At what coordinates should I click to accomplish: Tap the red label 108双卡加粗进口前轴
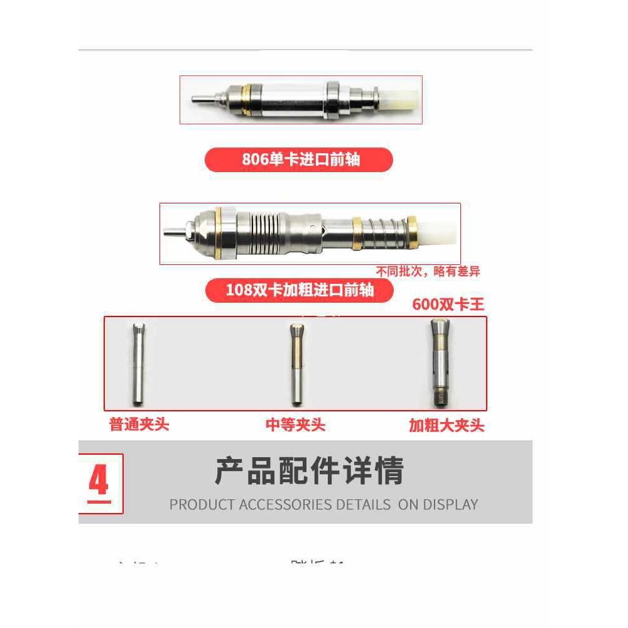click(x=300, y=290)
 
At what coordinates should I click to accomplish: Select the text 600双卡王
click(x=448, y=305)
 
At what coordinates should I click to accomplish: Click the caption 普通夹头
click(x=139, y=425)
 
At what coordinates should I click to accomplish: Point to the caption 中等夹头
click(x=295, y=425)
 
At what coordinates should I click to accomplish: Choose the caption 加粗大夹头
click(x=447, y=426)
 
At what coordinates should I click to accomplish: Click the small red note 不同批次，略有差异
click(x=428, y=272)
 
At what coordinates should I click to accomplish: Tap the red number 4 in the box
click(x=99, y=482)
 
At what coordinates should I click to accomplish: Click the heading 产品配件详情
click(x=309, y=472)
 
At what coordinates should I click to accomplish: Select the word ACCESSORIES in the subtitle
click(x=286, y=504)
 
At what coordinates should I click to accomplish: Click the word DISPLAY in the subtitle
click(x=450, y=504)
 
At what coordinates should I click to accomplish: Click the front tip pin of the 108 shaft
click(x=171, y=230)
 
